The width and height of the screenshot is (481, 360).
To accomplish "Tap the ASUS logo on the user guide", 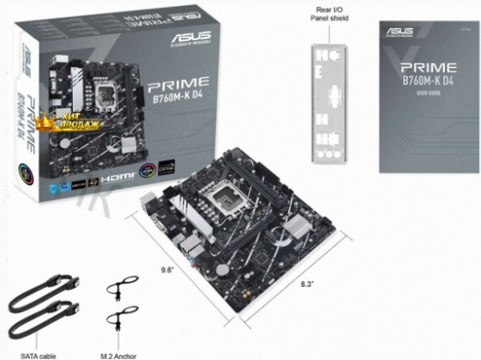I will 399,31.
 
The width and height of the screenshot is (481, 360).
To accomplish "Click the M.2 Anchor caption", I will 120,354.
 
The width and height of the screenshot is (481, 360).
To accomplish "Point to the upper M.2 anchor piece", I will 121,290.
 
